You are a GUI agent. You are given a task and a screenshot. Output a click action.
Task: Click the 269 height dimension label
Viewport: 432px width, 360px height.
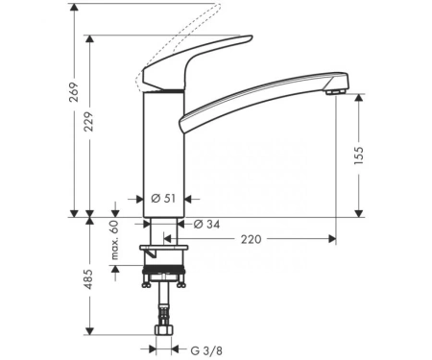coord(74,92)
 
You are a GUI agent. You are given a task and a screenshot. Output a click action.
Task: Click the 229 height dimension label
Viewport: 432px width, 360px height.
coord(88,122)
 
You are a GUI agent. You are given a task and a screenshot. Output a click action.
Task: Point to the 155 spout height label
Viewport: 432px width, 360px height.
coord(359,156)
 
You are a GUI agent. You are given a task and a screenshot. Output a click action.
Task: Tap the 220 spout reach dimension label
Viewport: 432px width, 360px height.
coord(251,239)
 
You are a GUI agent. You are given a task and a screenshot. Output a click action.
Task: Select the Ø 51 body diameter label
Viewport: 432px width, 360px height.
coord(163,199)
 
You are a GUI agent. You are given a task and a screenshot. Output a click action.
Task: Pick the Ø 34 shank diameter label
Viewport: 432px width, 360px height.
coord(207,225)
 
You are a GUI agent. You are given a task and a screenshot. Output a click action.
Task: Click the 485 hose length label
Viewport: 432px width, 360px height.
coord(88,279)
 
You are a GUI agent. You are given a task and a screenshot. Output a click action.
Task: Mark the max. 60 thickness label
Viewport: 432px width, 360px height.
coord(114,240)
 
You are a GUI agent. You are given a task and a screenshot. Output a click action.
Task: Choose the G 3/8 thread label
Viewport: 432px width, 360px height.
coord(206,350)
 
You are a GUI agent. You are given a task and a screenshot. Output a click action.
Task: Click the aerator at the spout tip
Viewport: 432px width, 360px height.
coord(335,92)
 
